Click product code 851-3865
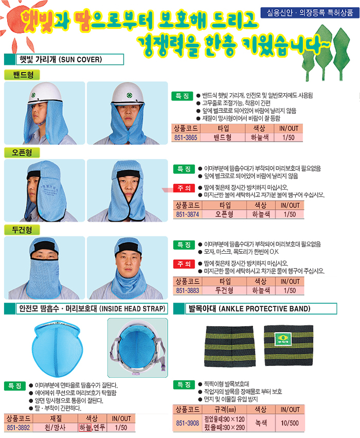[186, 137]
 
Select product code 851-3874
[187, 214]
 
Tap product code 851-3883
[187, 290]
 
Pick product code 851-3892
[18, 428]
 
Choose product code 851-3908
[187, 423]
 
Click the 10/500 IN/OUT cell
[290, 423]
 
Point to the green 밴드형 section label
[22, 75]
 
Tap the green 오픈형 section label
[22, 152]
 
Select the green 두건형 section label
[22, 230]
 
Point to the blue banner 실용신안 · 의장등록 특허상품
[310, 12]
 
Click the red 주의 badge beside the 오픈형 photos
[184, 188]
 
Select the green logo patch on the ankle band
[283, 339]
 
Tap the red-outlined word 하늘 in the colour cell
[85, 428]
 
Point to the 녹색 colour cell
[261, 423]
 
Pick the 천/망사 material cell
[55, 428]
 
